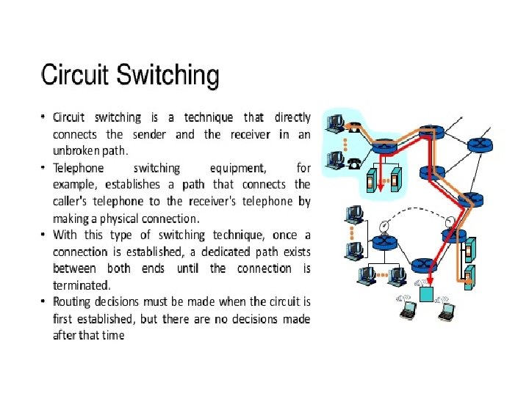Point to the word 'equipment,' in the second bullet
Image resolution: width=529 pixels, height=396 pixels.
tap(240, 168)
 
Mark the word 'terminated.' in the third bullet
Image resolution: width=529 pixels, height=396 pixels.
tap(82, 285)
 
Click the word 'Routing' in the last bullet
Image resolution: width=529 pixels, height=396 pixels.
tap(73, 301)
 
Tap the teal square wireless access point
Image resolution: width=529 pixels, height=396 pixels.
tap(426, 294)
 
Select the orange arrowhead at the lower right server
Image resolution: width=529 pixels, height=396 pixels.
tap(466, 279)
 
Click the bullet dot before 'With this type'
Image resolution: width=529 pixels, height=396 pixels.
tap(44, 235)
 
